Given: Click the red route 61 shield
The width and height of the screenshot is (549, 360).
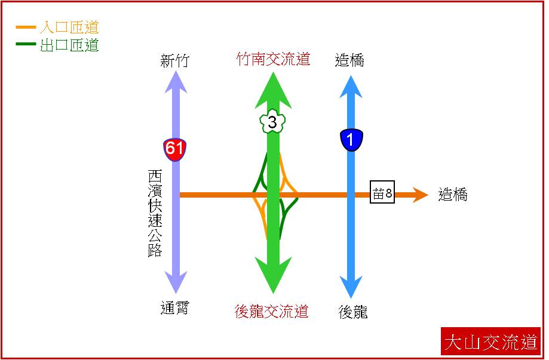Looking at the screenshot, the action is coord(174,149).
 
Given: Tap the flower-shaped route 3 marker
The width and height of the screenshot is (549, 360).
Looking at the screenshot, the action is coord(272,121).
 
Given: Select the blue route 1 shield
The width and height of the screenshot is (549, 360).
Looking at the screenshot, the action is coord(351,140).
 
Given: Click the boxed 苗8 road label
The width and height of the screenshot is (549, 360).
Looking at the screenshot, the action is coord(382,192).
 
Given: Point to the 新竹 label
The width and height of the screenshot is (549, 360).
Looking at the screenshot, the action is coord(174,60).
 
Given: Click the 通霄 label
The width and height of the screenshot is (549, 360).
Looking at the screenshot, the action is coord(174,308).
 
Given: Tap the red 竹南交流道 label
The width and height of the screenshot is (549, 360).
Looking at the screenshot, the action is coord(273,59).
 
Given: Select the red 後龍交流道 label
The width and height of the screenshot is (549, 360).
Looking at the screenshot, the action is coord(272,311).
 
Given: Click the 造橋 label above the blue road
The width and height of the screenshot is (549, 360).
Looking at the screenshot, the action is coord(349,60).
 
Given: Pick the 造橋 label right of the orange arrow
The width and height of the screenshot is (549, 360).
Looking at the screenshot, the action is coord(453,195).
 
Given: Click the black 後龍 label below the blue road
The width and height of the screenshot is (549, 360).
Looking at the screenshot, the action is coord(353,312).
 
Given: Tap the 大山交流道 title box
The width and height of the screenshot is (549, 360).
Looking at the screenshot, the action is coord(491,341).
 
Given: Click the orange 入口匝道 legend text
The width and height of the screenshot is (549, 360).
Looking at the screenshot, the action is coord(69,27).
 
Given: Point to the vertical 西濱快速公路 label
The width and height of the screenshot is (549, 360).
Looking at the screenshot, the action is coord(155,213).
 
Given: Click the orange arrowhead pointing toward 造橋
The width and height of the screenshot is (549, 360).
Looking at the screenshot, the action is coord(420,195).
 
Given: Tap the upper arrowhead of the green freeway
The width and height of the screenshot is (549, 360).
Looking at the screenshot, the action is coord(273,90).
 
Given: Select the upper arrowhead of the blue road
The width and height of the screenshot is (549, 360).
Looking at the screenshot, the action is coord(351,87).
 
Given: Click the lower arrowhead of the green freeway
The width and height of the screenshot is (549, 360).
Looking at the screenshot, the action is coord(273,275).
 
